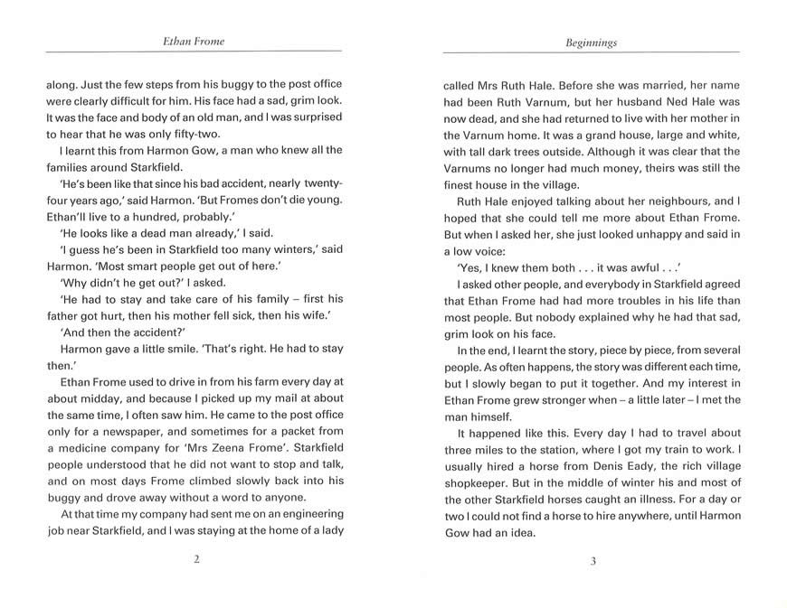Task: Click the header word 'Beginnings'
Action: coord(593,42)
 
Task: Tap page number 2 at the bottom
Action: coord(195,560)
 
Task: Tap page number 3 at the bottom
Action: coord(593,560)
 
